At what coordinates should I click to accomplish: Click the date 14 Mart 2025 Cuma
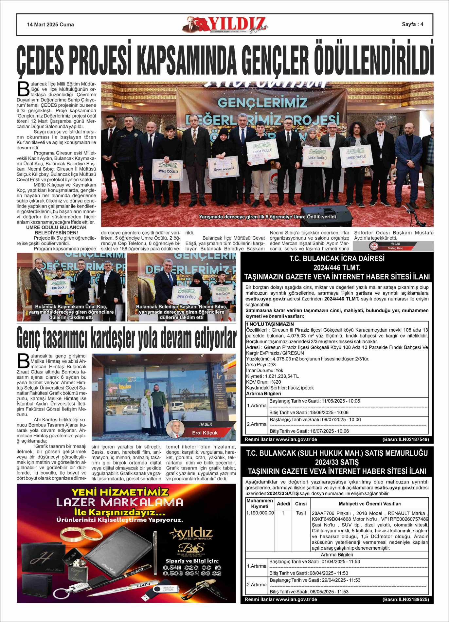click(x=50, y=25)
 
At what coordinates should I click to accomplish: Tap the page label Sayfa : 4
click(x=412, y=24)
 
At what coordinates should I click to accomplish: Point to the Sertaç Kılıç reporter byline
click(x=395, y=248)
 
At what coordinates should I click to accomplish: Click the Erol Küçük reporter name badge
click(x=205, y=433)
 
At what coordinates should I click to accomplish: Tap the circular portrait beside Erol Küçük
click(x=175, y=429)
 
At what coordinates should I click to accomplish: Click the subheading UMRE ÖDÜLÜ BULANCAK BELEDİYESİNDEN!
click(x=56, y=230)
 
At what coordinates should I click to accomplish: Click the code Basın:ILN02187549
click(x=405, y=439)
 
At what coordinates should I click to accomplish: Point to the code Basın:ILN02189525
click(x=405, y=599)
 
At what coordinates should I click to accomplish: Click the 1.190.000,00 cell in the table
click(x=260, y=513)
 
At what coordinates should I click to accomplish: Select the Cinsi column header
click(x=301, y=503)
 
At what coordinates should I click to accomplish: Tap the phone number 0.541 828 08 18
click(x=192, y=567)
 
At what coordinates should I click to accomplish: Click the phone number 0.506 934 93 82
click(x=192, y=573)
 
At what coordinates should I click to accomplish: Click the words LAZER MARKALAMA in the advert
click(x=120, y=502)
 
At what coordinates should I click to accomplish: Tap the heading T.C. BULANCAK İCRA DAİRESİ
click(x=337, y=258)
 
